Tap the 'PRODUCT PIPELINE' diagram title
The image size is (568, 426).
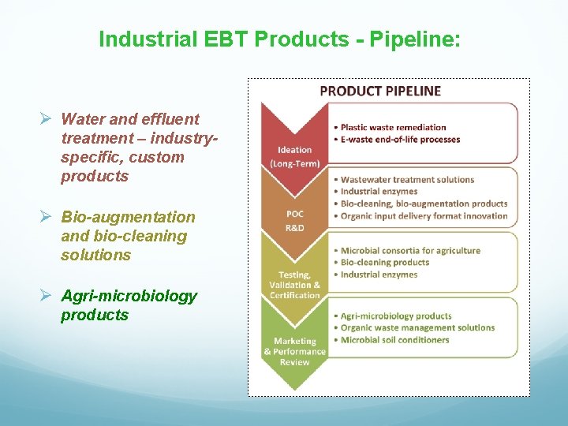click(x=380, y=91)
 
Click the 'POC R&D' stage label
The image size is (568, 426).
click(x=294, y=220)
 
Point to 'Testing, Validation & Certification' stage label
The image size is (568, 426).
click(x=294, y=285)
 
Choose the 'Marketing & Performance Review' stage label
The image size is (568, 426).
click(x=294, y=351)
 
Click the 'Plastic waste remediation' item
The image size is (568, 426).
click(x=393, y=127)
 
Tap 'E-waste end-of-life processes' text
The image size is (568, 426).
click(x=400, y=140)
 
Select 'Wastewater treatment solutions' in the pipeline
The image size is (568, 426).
click(x=407, y=179)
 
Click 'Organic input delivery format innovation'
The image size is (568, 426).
click(x=424, y=216)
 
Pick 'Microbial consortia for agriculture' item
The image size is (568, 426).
click(x=410, y=251)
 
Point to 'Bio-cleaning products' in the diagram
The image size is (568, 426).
click(x=385, y=263)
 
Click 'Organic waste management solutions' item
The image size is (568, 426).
click(x=417, y=327)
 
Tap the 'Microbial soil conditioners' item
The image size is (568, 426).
click(x=394, y=340)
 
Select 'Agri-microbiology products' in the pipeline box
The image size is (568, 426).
click(x=396, y=316)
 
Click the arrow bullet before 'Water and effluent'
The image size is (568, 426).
click(x=46, y=119)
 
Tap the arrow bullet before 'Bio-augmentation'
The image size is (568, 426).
click(x=46, y=217)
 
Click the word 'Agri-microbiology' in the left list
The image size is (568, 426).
click(x=129, y=296)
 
